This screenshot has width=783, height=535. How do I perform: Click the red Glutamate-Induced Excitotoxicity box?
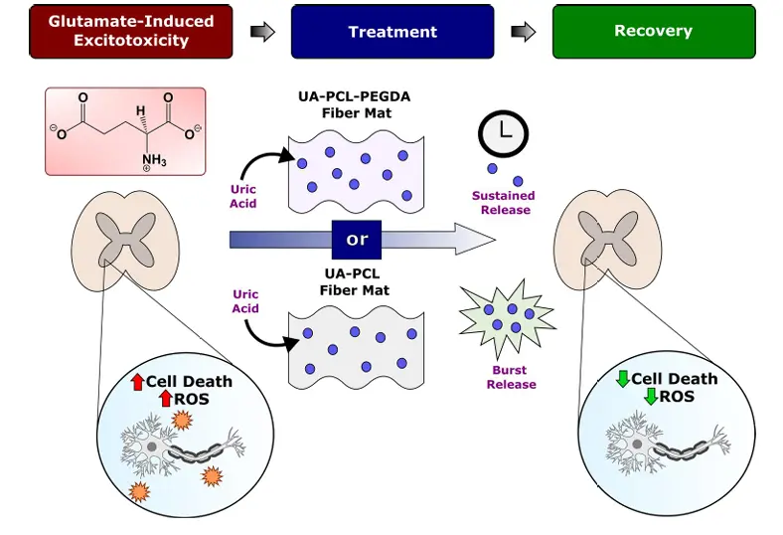coord(131,31)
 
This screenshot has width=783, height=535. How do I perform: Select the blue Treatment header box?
coord(392,31)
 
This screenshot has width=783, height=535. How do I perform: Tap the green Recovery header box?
coord(654,31)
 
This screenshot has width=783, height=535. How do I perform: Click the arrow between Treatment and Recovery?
coord(524,32)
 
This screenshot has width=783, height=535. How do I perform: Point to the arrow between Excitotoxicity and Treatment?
coord(262,32)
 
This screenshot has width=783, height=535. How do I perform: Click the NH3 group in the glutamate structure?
coord(154,161)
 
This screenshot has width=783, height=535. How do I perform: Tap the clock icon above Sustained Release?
coord(503,134)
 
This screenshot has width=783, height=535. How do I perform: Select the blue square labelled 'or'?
coord(357,240)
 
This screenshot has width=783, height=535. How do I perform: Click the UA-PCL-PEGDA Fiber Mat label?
coord(355,104)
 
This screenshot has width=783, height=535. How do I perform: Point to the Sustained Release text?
coord(504,203)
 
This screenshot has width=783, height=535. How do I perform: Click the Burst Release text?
coord(511,377)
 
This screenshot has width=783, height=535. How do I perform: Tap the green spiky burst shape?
coord(507,317)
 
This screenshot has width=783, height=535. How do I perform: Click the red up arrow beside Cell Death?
coord(137,382)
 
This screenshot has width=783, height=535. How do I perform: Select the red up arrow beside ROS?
coord(165,399)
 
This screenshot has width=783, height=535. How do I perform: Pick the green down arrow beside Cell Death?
coord(623,378)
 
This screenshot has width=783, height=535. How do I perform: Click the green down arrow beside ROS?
coord(651,396)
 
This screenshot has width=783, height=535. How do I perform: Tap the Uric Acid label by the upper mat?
coord(243,196)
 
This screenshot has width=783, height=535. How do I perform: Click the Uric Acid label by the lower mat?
coord(245,301)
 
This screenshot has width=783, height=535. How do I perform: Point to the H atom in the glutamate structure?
coord(141,110)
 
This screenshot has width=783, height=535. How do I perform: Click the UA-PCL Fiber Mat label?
coord(354,281)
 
